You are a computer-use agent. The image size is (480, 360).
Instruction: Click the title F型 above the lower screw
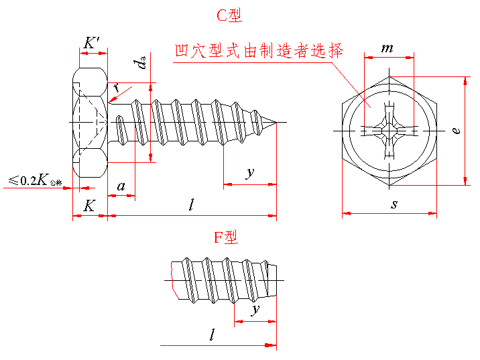click(x=226, y=237)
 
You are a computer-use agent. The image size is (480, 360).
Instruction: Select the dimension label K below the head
click(x=89, y=206)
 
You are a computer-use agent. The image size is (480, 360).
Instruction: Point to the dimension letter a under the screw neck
click(x=121, y=186)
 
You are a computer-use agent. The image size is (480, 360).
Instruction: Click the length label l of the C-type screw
click(x=191, y=206)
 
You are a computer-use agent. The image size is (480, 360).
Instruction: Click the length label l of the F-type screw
click(x=213, y=335)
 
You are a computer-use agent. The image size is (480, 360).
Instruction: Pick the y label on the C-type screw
click(x=249, y=173)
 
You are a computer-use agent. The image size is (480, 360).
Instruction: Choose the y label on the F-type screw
click(x=255, y=310)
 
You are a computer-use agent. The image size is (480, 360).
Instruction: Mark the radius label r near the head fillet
click(x=117, y=87)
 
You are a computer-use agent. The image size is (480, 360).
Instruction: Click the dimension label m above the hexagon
click(x=387, y=48)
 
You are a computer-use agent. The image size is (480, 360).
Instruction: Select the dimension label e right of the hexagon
click(x=455, y=131)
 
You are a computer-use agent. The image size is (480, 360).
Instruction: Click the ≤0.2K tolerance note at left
click(x=35, y=180)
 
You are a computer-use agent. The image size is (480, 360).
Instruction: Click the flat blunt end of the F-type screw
click(x=276, y=279)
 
